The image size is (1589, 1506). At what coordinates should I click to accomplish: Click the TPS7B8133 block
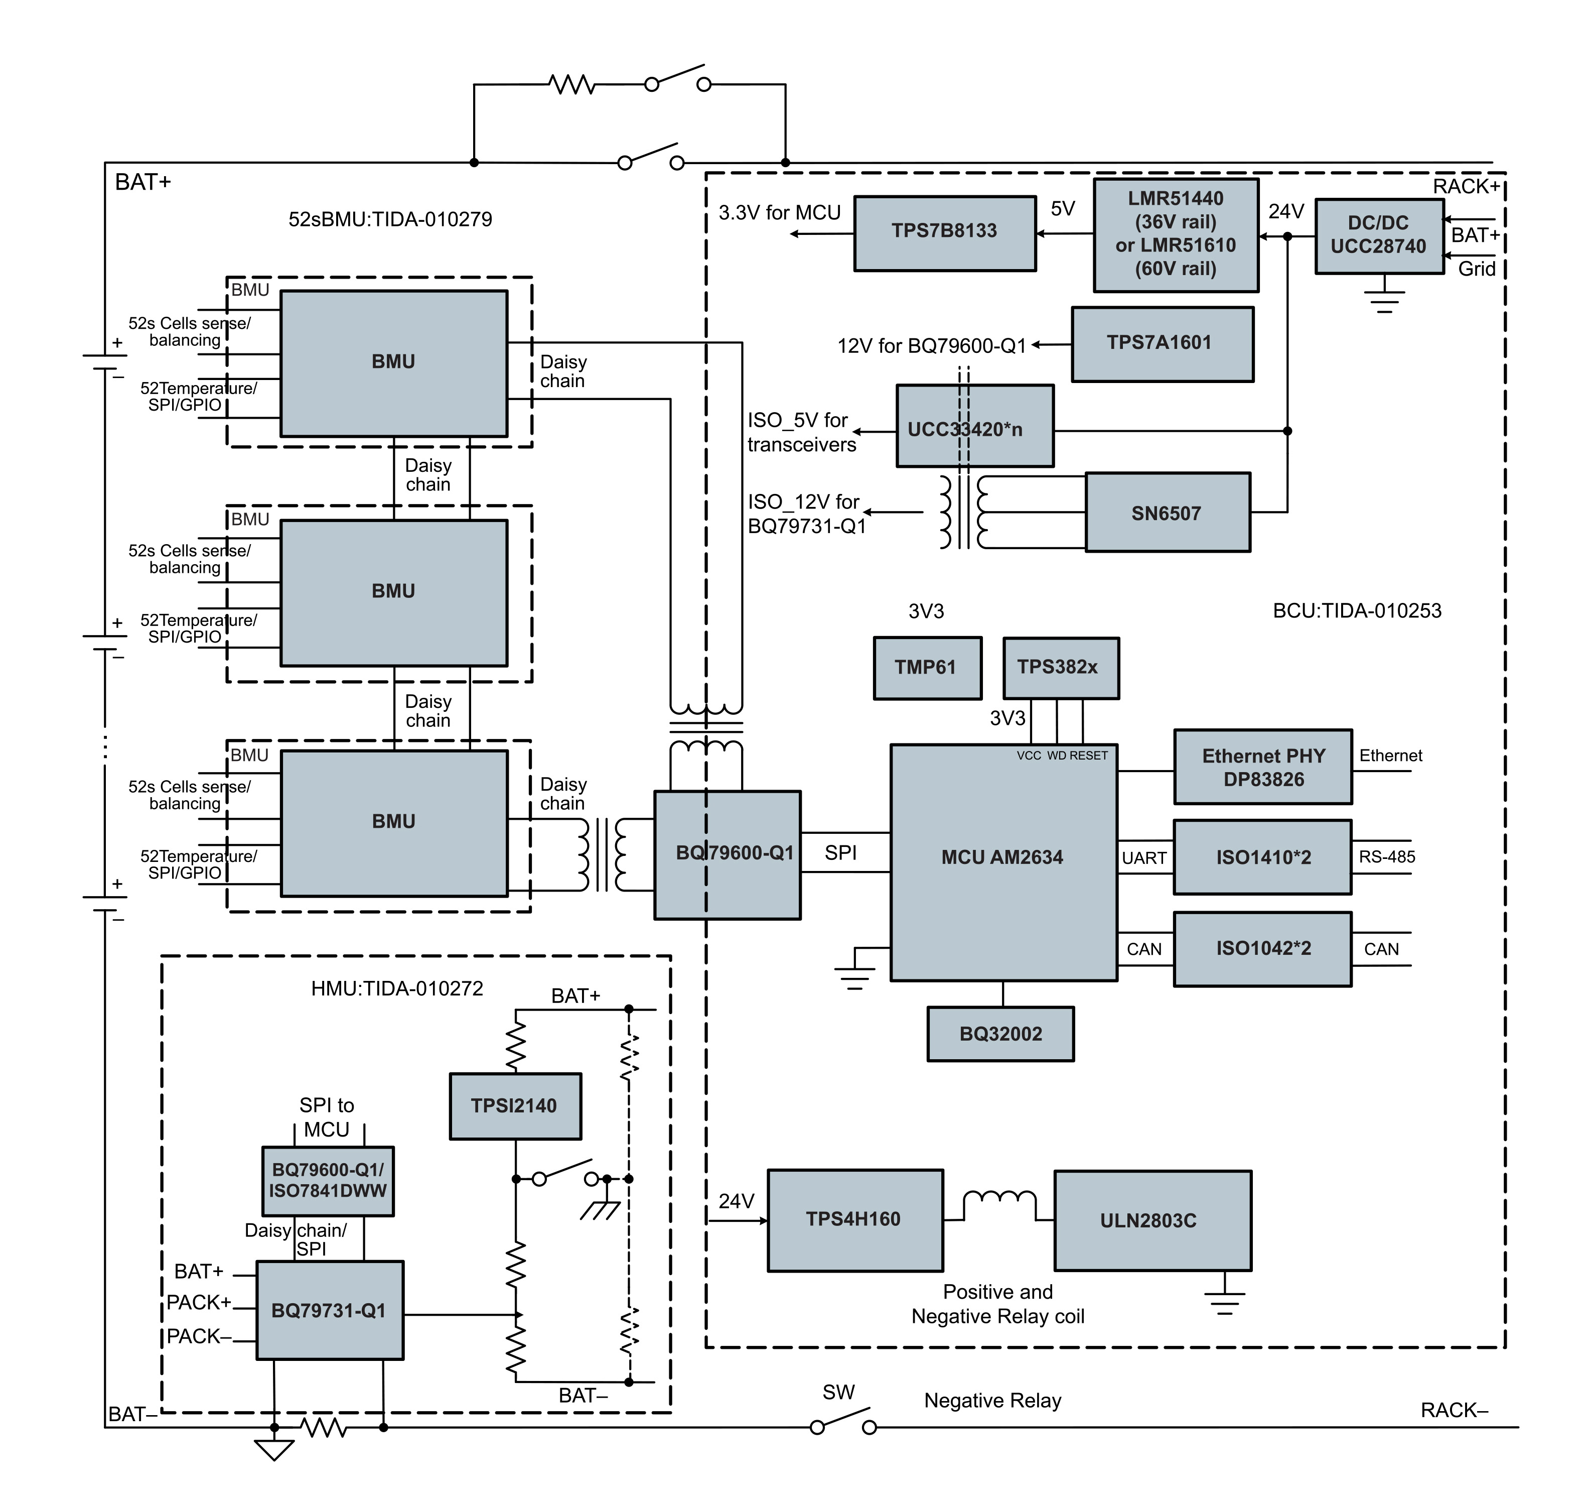tap(945, 233)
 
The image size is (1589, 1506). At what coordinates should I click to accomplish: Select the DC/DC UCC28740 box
tap(1379, 236)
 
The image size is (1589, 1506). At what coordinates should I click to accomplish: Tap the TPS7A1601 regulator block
tap(1162, 343)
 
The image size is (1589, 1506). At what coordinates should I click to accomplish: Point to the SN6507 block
tap(1168, 512)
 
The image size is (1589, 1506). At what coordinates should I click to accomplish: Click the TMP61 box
tap(927, 668)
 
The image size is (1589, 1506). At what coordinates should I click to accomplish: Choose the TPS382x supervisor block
tap(1060, 668)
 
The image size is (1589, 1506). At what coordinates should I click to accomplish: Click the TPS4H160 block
tap(854, 1220)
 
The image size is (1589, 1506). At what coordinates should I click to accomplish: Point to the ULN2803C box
tap(1152, 1220)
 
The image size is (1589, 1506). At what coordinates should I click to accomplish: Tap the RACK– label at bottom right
tap(1454, 1411)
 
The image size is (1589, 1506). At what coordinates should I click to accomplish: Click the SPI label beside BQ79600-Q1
tap(840, 852)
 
